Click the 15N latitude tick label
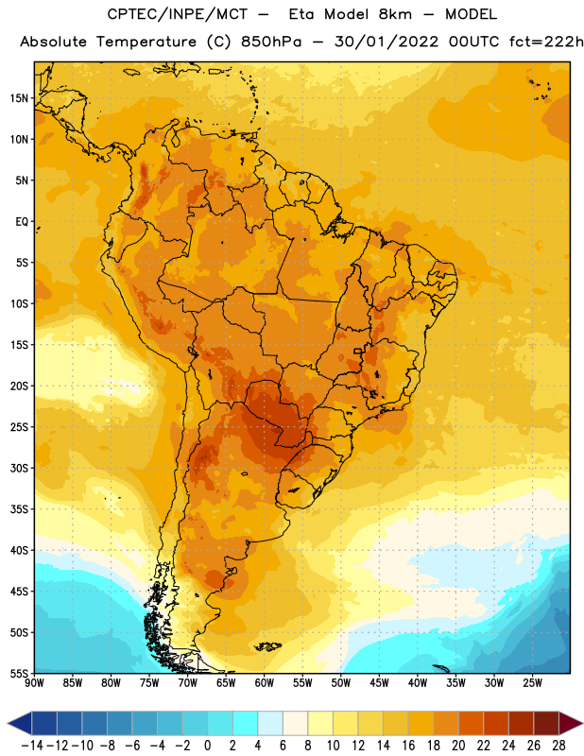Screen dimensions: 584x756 19,98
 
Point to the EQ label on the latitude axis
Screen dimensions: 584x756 22,222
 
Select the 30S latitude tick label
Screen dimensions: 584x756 19,468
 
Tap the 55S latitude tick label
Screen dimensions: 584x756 19,674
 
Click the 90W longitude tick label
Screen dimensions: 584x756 34,682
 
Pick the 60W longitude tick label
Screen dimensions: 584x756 265,682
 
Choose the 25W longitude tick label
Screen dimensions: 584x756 532,682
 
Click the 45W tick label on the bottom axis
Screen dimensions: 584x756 379,682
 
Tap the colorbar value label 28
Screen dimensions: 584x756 558,746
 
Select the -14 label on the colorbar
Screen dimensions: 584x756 32,746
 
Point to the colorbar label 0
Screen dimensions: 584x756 207,746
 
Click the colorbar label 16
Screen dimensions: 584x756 408,746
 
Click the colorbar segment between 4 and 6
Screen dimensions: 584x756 270,723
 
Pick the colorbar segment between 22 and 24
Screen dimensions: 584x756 496,723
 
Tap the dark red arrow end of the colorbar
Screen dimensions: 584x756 571,723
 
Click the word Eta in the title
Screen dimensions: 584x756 301,14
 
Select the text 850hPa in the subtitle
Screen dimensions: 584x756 271,42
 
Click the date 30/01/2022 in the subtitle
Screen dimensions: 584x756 386,42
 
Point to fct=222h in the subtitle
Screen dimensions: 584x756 546,42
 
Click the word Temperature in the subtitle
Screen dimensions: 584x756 146,43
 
